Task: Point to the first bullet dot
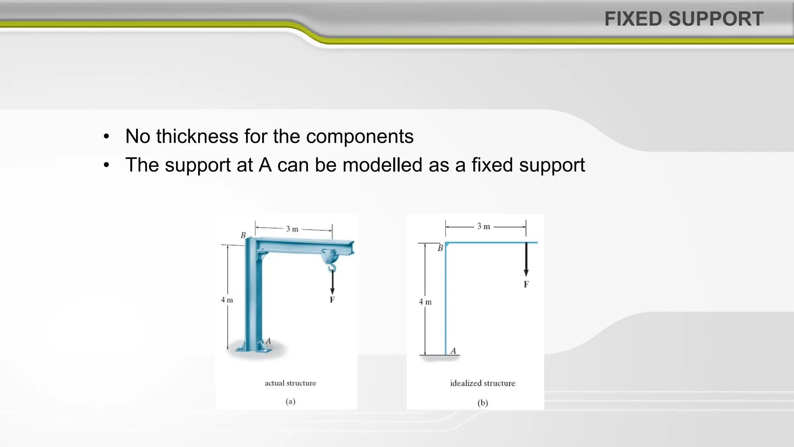[107, 137]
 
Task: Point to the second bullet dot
[107, 165]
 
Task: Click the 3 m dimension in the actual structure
[292, 229]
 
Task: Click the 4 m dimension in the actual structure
[227, 300]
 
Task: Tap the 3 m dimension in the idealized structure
[483, 226]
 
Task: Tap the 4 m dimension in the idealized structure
[425, 301]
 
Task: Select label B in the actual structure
[243, 235]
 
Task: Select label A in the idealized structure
[453, 351]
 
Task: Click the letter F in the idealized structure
[526, 284]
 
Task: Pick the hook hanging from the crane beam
[332, 267]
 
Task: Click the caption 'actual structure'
[290, 383]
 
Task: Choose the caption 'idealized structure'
[483, 383]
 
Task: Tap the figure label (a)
[290, 401]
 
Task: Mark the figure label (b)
[483, 403]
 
